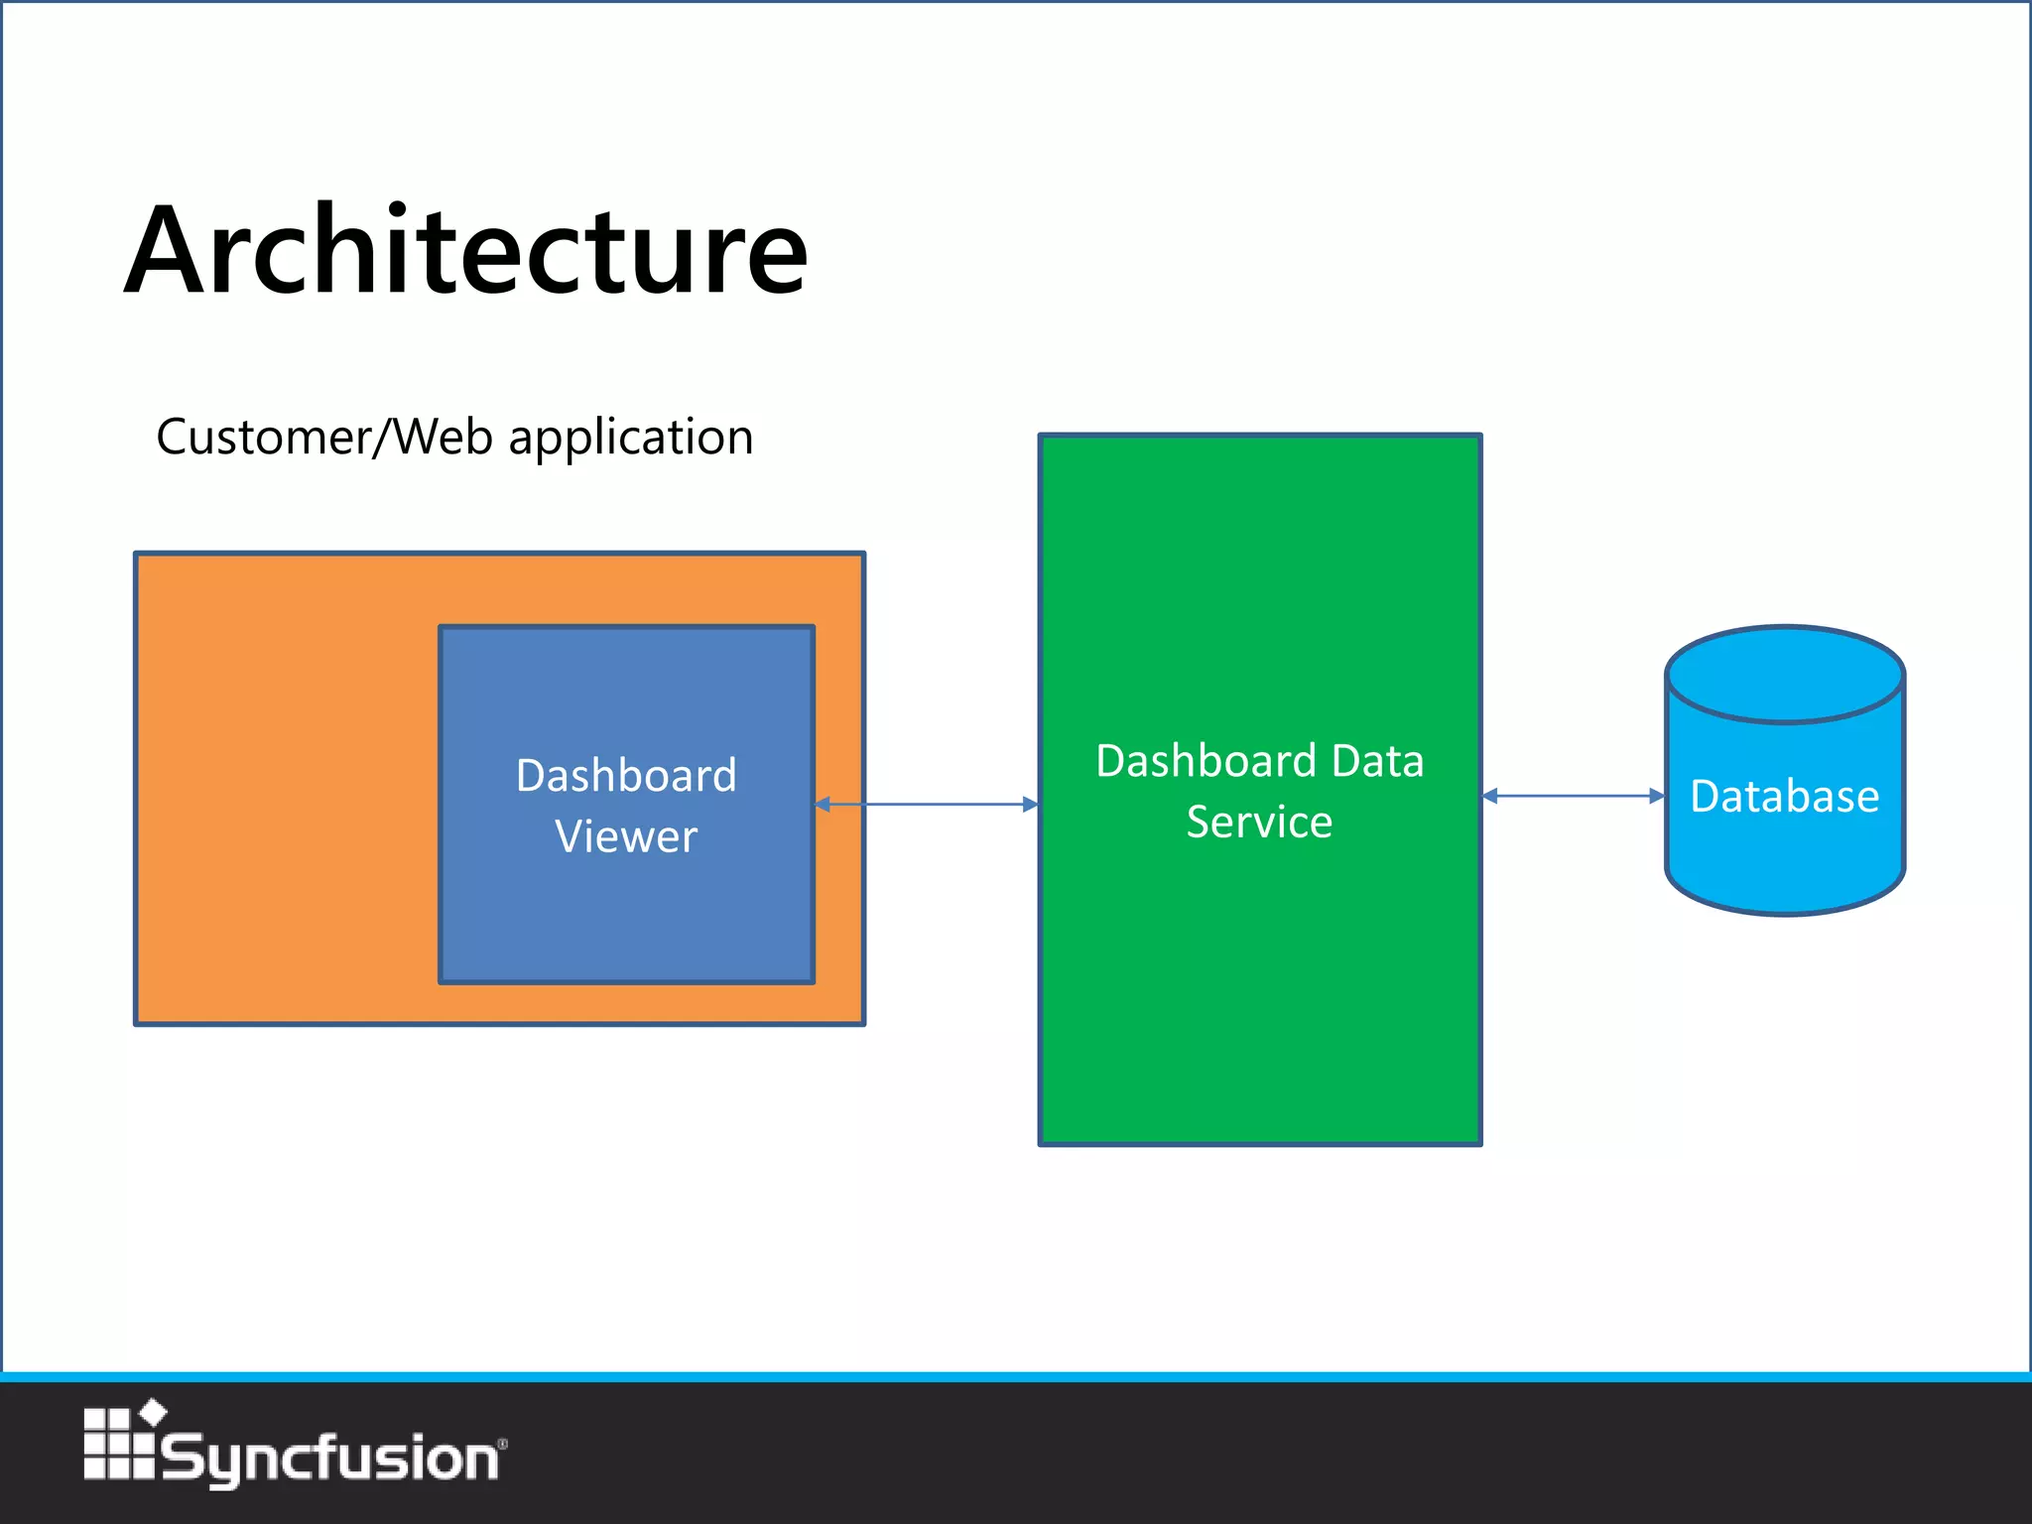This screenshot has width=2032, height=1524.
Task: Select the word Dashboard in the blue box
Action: (x=626, y=775)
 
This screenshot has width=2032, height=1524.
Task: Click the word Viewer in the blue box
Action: (x=626, y=836)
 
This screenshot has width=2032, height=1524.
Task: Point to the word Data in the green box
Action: (x=1377, y=761)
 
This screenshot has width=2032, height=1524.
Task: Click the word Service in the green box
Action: (x=1259, y=822)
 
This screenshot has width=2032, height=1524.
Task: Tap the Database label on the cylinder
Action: (x=1784, y=797)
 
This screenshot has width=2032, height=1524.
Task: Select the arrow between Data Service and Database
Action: (x=1573, y=796)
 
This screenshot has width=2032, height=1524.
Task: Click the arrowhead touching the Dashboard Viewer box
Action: (x=823, y=804)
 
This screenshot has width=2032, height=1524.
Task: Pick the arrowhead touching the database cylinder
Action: (x=1656, y=796)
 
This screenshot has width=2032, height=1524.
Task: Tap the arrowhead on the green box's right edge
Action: (x=1489, y=796)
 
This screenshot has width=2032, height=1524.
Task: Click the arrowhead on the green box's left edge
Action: (x=1030, y=804)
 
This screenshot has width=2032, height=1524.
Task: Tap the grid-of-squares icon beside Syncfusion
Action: (x=117, y=1444)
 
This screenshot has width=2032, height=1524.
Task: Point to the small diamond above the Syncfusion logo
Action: (x=153, y=1410)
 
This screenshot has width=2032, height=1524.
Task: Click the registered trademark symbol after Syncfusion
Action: (x=502, y=1445)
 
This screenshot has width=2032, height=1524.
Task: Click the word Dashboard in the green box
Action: (x=1206, y=761)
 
